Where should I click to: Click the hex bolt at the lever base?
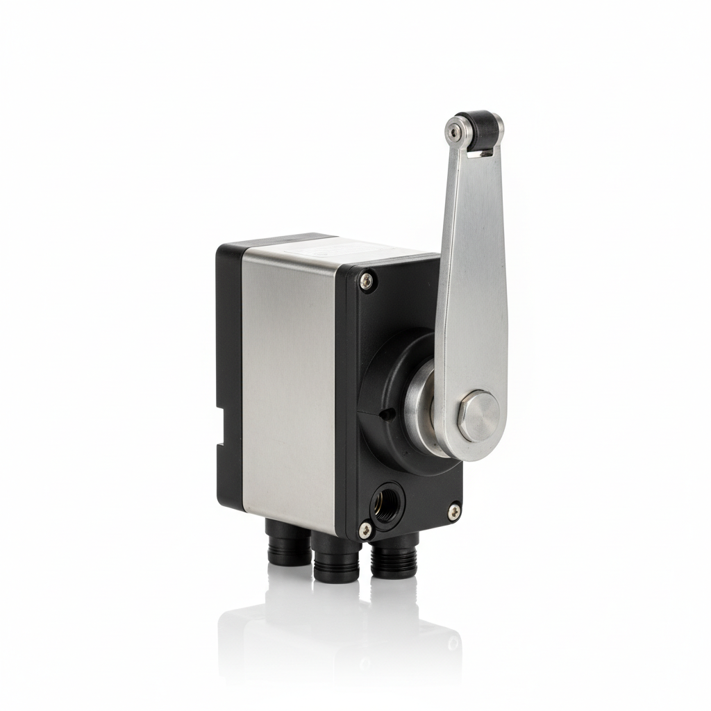(478, 415)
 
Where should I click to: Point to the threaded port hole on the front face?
(386, 503)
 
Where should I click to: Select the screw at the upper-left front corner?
(366, 280)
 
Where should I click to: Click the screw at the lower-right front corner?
(453, 512)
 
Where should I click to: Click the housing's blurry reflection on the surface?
(333, 639)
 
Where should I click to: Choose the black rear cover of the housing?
(228, 347)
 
